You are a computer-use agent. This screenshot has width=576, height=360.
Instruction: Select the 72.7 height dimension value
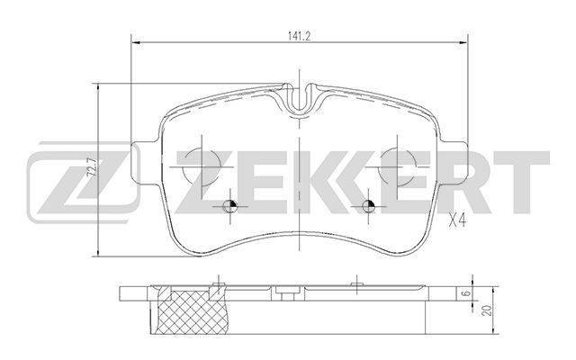pos(88,168)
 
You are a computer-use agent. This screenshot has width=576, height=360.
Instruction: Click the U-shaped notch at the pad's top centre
pos(301,99)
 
